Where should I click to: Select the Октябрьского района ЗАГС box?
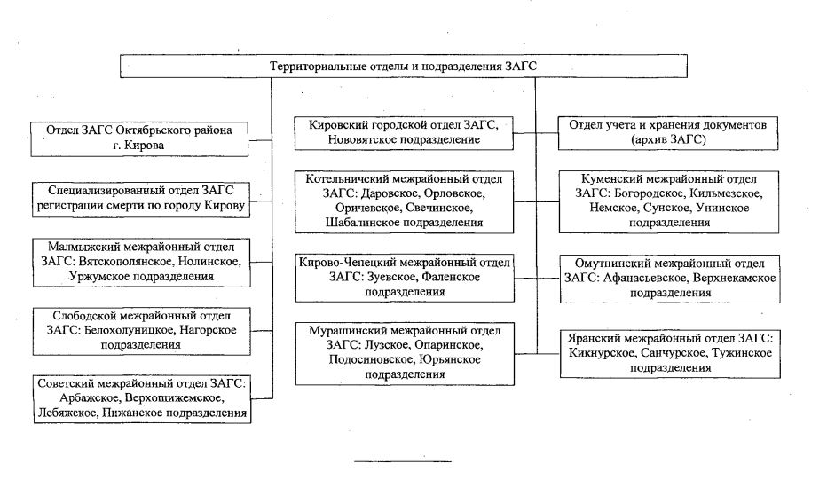(x=139, y=139)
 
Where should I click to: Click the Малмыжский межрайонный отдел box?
(x=141, y=263)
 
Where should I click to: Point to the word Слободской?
(x=82, y=316)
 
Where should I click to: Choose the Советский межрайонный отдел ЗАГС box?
(x=142, y=399)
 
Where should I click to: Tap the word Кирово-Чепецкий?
(x=347, y=262)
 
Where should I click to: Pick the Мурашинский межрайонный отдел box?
(x=406, y=354)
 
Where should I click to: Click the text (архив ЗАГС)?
(x=668, y=140)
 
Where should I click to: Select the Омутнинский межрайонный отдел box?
(x=670, y=279)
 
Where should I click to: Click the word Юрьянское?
(x=450, y=359)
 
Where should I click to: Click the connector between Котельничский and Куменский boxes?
(x=536, y=202)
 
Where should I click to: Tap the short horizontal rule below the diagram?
(x=403, y=461)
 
